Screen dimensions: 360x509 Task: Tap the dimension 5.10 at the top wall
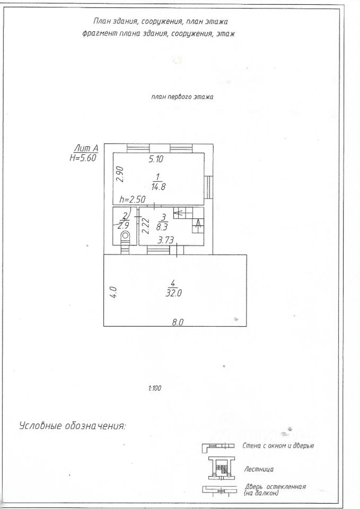tap(156, 159)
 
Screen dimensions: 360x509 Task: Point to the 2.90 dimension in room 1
tap(120, 175)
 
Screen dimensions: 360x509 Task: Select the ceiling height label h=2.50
tap(133, 199)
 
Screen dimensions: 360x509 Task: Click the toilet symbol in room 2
tap(126, 236)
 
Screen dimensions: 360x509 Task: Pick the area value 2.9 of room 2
tap(126, 224)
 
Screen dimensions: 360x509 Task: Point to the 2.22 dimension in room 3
tap(145, 226)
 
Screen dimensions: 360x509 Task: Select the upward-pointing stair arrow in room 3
tap(199, 224)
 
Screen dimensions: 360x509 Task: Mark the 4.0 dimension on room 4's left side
tap(112, 292)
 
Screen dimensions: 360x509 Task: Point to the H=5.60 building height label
tap(83, 158)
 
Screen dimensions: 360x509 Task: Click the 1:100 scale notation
tap(154, 388)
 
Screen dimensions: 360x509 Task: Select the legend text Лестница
tap(259, 469)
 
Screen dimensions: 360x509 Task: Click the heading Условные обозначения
tap(72, 425)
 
